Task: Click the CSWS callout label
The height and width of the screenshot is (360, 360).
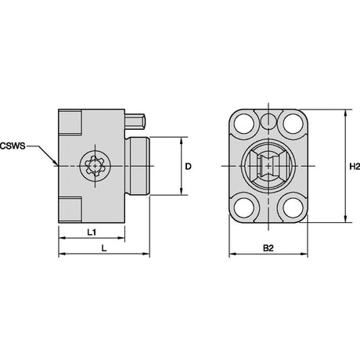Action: (13, 146)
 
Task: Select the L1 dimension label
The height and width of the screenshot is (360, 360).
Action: (92, 232)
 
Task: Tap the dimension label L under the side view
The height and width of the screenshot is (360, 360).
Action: (104, 248)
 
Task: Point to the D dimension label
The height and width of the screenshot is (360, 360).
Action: (188, 166)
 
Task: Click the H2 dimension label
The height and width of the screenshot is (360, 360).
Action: (355, 166)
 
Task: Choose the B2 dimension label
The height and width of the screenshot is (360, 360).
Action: (268, 248)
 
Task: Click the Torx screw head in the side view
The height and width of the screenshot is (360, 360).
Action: (95, 166)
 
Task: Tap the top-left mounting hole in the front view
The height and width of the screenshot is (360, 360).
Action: (244, 124)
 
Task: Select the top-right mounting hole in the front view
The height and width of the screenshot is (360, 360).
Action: (293, 124)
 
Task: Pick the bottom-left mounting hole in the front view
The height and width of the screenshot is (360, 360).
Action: (244, 208)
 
